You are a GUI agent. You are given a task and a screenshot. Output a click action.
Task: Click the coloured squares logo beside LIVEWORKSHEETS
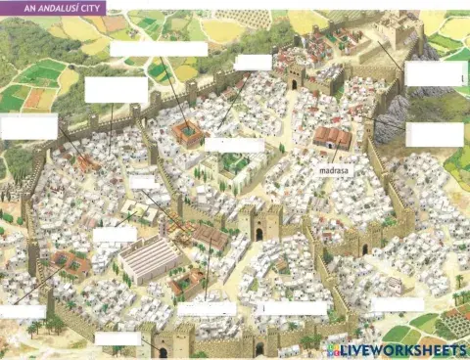[335, 349]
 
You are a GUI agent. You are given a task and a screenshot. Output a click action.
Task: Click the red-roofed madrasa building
[332, 138]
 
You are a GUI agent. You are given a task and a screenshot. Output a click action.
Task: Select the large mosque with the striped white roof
[149, 259]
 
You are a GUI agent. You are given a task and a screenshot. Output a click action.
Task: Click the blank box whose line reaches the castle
[437, 73]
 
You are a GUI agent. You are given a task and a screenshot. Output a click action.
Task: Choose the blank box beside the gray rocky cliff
[434, 134]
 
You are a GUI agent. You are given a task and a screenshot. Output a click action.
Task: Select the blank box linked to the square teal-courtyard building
[159, 48]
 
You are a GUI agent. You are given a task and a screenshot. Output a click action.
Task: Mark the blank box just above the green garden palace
[234, 145]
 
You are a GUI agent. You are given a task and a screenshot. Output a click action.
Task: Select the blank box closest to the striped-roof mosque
[115, 235]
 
